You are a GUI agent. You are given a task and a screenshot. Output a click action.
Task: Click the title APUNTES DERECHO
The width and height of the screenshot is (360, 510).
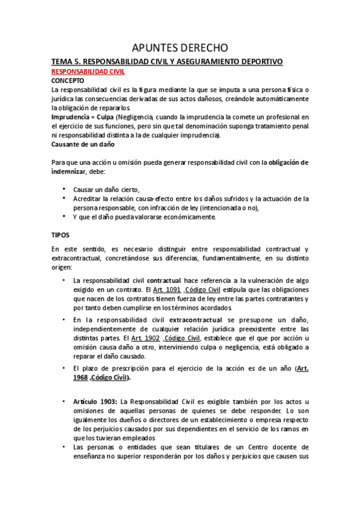180,48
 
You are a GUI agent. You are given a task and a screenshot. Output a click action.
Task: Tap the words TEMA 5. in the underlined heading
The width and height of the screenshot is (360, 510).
66,61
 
